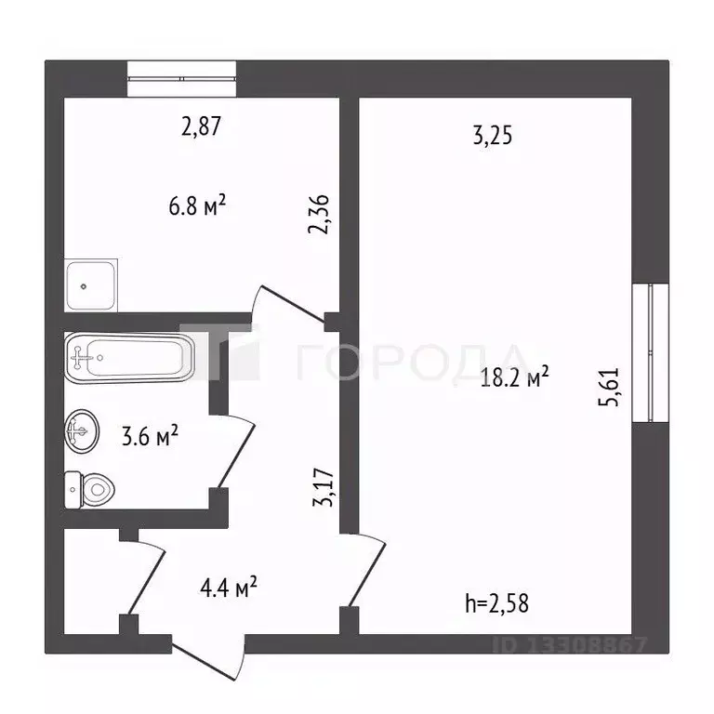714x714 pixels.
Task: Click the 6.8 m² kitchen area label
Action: pos(197,206)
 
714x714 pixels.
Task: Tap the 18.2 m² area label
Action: pos(512,377)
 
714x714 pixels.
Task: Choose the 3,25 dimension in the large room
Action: pos(493,136)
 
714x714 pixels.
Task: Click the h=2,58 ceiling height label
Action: pos(496,603)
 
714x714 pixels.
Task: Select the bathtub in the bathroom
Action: pos(129,356)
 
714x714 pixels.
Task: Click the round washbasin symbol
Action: pos(81,430)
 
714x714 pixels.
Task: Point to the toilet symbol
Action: pos(89,488)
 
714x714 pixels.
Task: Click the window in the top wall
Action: pos(181,79)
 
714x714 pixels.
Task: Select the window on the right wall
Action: pos(650,352)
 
